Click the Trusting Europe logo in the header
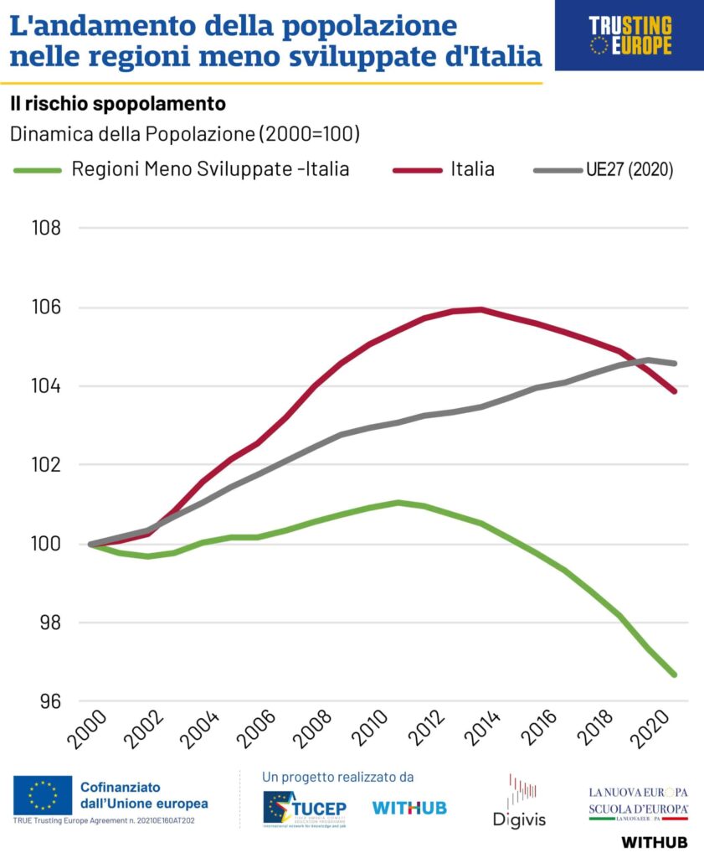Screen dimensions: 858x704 [x=629, y=35]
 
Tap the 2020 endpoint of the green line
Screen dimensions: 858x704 [x=675, y=675]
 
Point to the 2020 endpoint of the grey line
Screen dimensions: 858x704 [x=675, y=364]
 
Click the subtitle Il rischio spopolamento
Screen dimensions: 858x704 [x=118, y=104]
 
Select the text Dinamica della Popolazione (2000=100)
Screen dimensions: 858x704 [x=184, y=134]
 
